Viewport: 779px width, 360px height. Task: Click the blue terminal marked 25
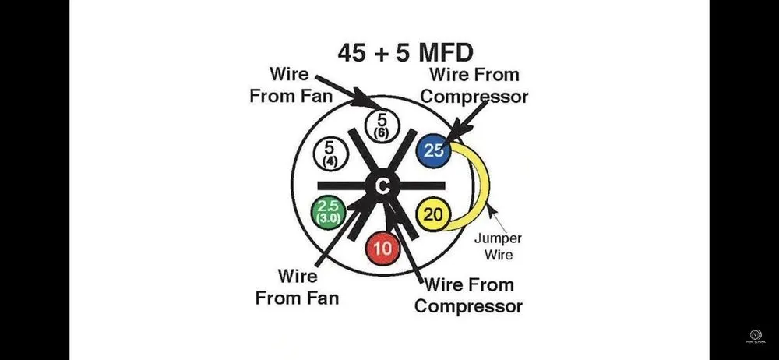click(x=434, y=150)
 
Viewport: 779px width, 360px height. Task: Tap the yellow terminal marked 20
click(x=434, y=214)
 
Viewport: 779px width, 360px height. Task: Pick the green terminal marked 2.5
click(x=327, y=212)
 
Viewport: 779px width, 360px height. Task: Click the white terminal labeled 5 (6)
click(x=381, y=125)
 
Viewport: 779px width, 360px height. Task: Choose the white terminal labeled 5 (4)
click(x=328, y=152)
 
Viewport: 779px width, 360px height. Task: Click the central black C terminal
click(x=382, y=185)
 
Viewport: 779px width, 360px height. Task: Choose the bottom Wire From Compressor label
click(x=468, y=295)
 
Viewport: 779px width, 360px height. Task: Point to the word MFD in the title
click(x=443, y=52)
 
